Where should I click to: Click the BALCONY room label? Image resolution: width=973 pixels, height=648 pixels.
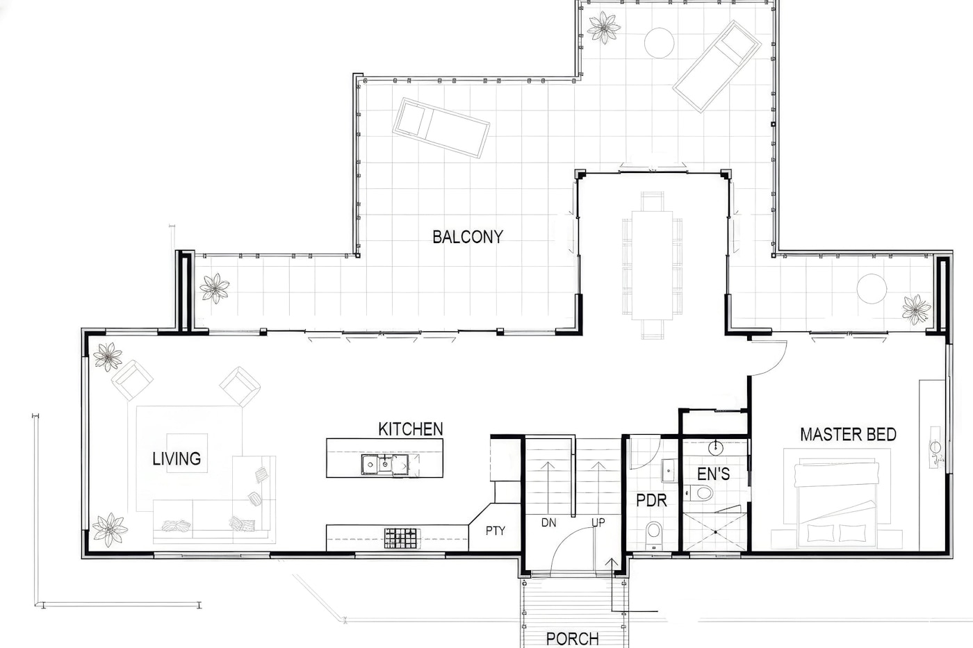468,237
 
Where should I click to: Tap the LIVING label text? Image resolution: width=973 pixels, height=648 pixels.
177,459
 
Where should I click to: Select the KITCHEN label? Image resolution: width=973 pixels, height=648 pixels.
411,429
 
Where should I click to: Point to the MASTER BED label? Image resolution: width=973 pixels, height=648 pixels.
849,435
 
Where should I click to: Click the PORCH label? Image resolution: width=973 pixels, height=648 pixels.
573,639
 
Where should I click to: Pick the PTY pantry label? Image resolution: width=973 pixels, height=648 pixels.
495,531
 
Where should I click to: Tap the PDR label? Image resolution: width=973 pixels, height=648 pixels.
651,501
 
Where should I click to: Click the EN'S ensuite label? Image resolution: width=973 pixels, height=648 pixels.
714,474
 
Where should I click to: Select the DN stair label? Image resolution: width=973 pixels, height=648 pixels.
548,522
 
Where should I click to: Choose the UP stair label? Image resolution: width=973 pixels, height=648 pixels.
598,522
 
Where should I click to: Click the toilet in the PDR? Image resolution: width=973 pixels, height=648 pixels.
654,535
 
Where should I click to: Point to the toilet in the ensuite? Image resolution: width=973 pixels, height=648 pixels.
698,493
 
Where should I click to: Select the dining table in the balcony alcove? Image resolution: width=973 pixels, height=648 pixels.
652,265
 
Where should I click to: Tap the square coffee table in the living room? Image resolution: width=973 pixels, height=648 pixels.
187,453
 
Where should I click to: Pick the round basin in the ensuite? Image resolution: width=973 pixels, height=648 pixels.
715,448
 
